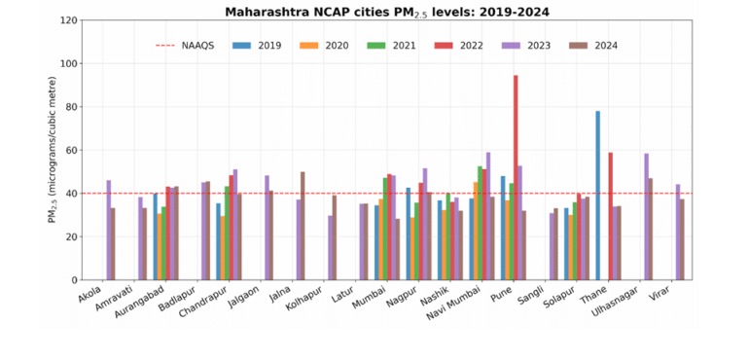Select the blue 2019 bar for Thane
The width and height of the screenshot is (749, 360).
[597, 196]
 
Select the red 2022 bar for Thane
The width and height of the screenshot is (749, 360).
[610, 216]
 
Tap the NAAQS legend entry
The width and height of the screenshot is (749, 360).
[187, 46]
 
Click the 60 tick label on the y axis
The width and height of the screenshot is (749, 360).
[71, 150]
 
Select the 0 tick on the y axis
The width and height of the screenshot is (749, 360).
[74, 280]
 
